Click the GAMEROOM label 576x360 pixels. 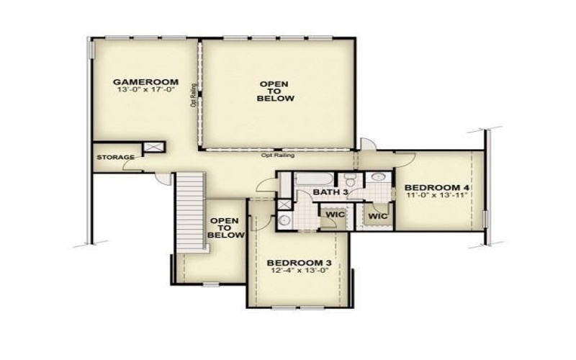tap(145, 82)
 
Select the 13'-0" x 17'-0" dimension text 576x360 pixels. tap(145, 89)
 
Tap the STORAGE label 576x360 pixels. tap(115, 157)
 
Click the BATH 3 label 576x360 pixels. tap(330, 192)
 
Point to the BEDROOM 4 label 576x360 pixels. tap(437, 187)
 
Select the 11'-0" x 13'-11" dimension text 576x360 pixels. tap(437, 195)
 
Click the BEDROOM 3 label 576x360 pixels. tap(299, 263)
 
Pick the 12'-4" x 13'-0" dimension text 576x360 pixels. tap(299, 271)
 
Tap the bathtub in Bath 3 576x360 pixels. tap(314, 179)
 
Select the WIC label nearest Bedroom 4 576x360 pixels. tap(378, 216)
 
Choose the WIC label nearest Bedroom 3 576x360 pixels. tap(336, 214)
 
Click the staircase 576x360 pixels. tap(190, 212)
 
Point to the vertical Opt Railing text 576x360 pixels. tap(194, 96)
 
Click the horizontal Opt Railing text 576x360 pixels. tap(278, 155)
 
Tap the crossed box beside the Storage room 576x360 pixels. tap(153, 147)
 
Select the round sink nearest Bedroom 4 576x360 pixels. tap(377, 177)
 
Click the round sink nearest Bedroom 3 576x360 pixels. tap(284, 220)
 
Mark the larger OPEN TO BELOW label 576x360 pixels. tap(276, 91)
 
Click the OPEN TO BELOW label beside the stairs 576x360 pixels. tap(225, 228)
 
